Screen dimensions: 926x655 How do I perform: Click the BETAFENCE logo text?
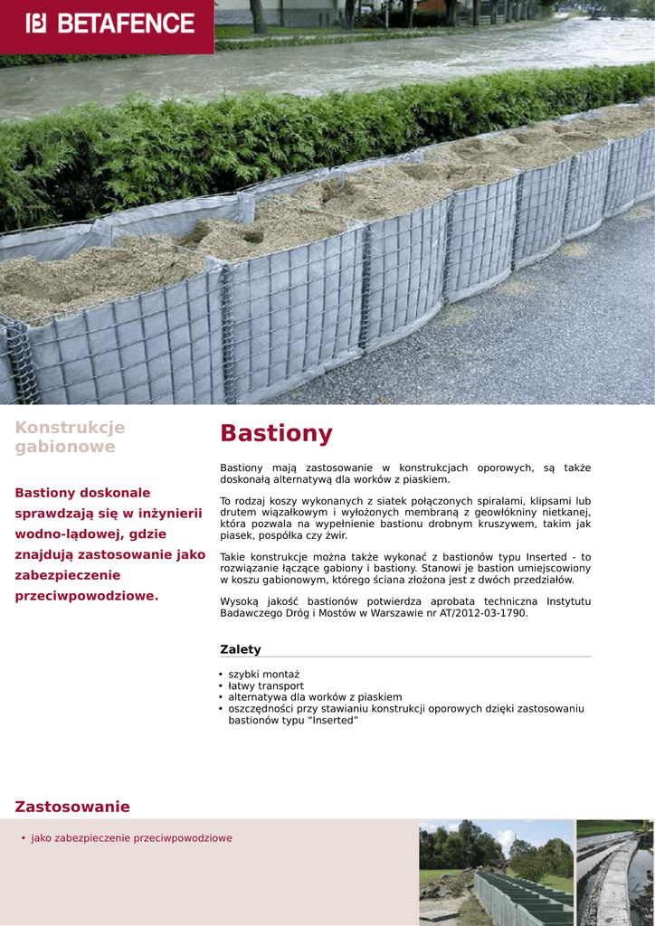pyautogui.click(x=126, y=24)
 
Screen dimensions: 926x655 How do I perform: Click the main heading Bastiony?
pyautogui.click(x=276, y=434)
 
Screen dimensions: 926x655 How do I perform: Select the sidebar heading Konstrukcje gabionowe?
pyautogui.click(x=70, y=437)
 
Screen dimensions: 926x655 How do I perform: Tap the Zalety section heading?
pyautogui.click(x=240, y=649)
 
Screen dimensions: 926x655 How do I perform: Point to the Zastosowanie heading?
pyautogui.click(x=72, y=807)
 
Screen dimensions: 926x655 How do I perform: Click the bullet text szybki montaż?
pyautogui.click(x=263, y=675)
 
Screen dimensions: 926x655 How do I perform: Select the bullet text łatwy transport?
pyautogui.click(x=266, y=686)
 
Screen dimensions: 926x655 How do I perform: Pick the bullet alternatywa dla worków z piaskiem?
pyautogui.click(x=315, y=697)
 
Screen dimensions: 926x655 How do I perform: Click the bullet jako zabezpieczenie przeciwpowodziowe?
pyautogui.click(x=131, y=838)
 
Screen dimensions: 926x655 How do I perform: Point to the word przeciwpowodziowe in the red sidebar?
pyautogui.click(x=86, y=596)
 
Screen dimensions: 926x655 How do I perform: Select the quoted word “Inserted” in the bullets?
pyautogui.click(x=334, y=721)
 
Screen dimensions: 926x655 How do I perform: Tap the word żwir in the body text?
pyautogui.click(x=336, y=535)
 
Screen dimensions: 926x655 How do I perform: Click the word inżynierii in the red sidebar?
pyautogui.click(x=170, y=514)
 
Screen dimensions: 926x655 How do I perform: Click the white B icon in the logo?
pyautogui.click(x=36, y=24)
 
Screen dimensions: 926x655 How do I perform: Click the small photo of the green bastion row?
pyautogui.click(x=496, y=873)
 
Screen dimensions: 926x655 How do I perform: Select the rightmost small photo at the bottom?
pyautogui.click(x=615, y=873)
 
